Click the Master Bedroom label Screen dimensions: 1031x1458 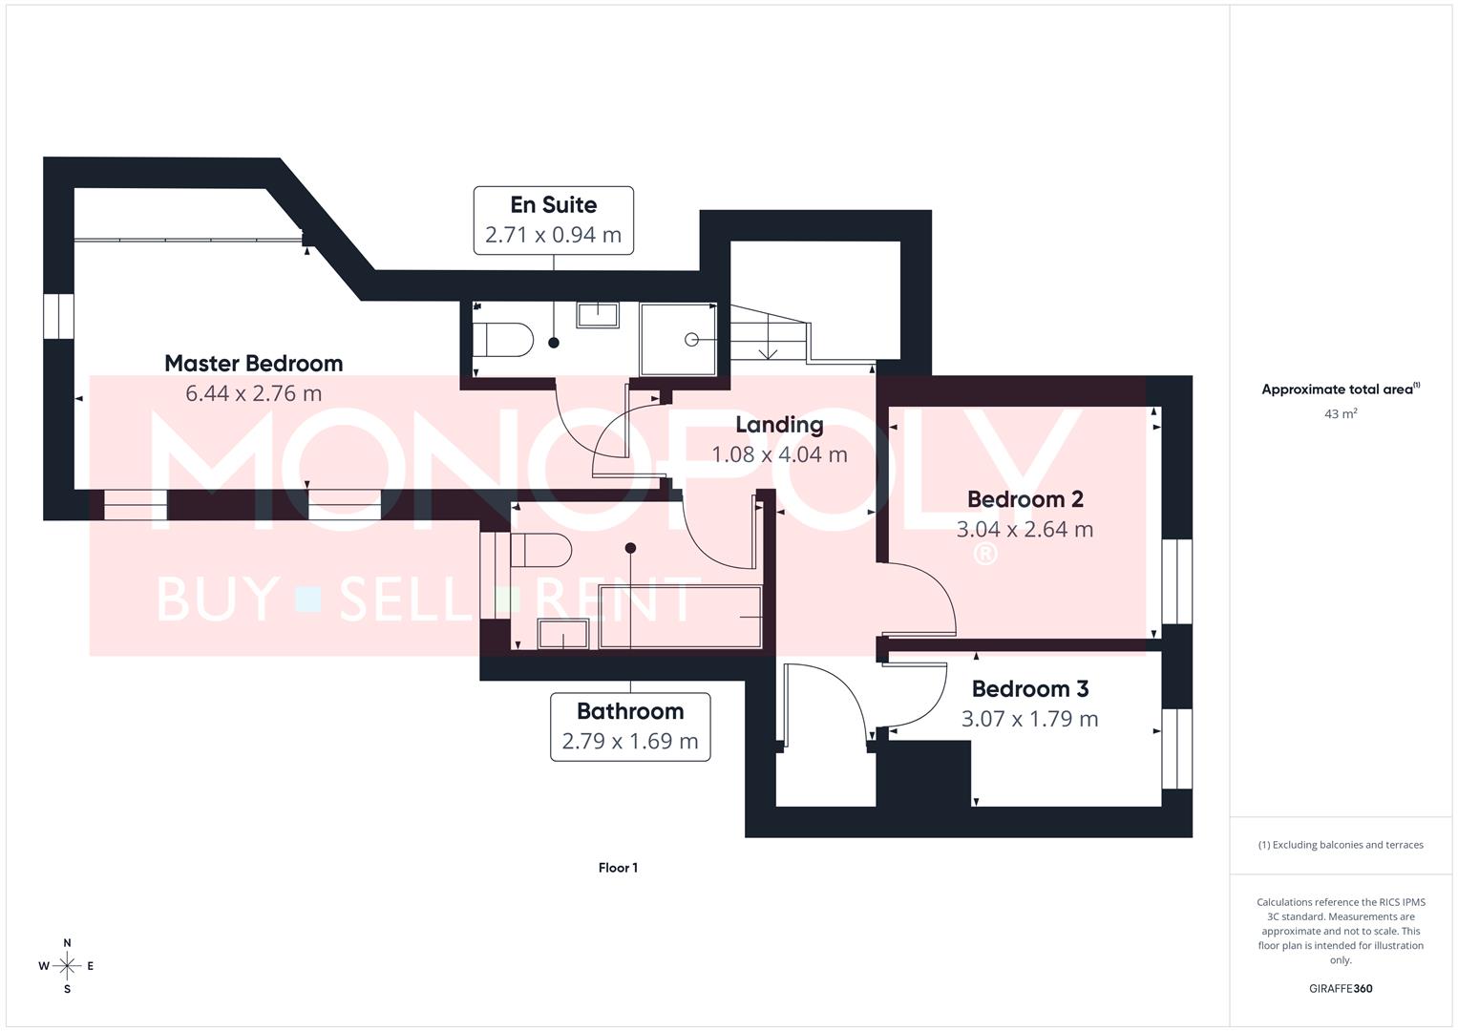[x=253, y=363]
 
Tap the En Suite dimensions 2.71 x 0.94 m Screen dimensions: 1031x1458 [x=553, y=235]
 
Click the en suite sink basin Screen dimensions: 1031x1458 [x=598, y=315]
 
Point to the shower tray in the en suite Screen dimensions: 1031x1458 [x=678, y=339]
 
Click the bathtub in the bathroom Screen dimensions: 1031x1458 [x=681, y=618]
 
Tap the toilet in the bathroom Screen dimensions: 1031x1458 [x=539, y=550]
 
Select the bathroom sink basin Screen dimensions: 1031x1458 [x=563, y=633]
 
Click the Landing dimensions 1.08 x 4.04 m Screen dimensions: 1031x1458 [x=779, y=454]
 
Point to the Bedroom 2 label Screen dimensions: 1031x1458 [x=1025, y=499]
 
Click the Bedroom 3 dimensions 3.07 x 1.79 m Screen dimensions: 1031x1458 [x=1029, y=719]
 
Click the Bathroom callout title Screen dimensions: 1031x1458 [x=630, y=711]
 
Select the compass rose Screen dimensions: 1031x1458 [x=67, y=966]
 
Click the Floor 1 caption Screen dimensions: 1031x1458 [x=618, y=868]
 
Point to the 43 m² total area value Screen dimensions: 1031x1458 [x=1341, y=413]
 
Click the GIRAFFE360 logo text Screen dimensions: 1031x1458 [x=1341, y=989]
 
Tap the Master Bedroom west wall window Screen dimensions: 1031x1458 [x=58, y=316]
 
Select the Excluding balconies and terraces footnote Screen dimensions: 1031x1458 [x=1341, y=845]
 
